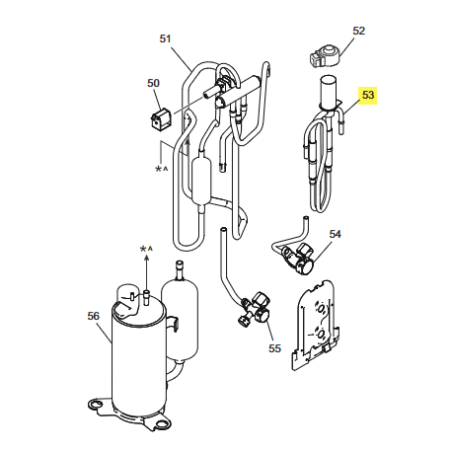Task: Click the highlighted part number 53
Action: [368, 96]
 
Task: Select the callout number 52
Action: [358, 31]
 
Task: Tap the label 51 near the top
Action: [165, 38]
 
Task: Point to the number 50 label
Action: [153, 84]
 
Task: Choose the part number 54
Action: [335, 234]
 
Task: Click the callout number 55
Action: [274, 348]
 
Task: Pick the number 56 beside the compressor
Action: [95, 316]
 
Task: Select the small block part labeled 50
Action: [159, 120]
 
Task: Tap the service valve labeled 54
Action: [298, 259]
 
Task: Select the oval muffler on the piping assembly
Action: [203, 183]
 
